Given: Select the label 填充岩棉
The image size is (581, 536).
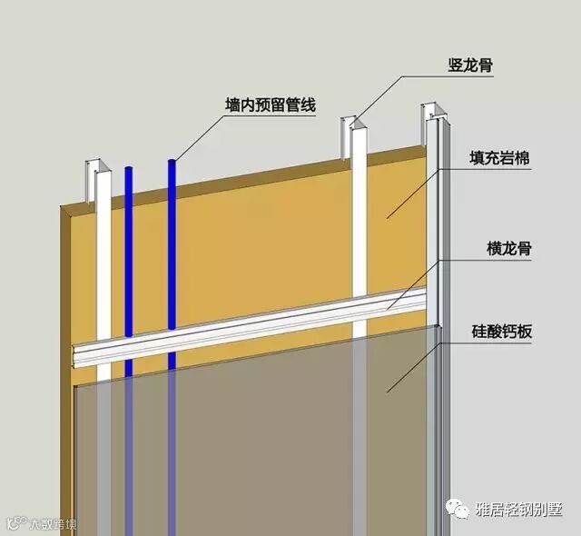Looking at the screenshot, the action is click(x=501, y=158).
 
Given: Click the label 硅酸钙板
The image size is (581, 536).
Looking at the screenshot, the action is click(x=501, y=332).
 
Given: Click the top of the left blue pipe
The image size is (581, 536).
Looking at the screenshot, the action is click(x=129, y=169).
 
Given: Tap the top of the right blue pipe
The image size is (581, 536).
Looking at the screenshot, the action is click(x=172, y=163).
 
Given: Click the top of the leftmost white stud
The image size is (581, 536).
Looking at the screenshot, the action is click(x=97, y=169).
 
